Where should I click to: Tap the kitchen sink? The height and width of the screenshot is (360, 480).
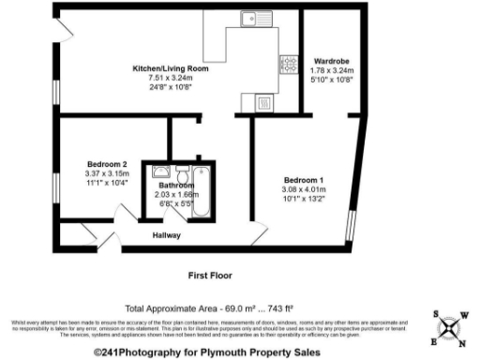point(255,18)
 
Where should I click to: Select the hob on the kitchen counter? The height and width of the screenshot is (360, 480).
point(288,64)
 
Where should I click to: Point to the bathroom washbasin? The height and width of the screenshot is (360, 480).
point(161,172)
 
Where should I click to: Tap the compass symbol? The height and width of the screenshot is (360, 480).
point(451,329)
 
